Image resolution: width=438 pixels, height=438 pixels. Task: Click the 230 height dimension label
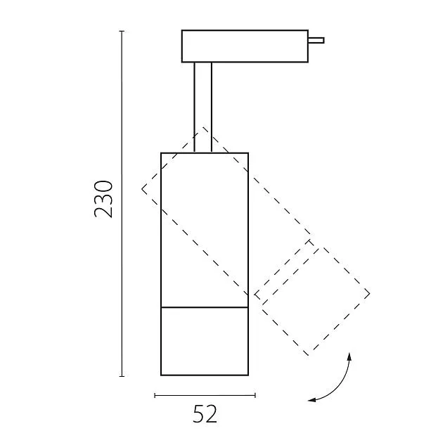coord(103,199)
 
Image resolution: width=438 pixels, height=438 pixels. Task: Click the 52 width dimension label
coord(205,414)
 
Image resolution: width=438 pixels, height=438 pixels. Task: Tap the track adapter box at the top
coord(245,46)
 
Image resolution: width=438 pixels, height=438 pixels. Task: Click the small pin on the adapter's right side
coord(316,40)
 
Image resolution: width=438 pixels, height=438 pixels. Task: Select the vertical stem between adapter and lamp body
coord(203,108)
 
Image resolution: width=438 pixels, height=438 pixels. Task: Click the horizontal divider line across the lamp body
coord(205,307)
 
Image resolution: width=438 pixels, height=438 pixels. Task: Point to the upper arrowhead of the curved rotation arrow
coord(349,356)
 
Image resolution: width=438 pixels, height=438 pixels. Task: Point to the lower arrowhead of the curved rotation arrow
coord(311,400)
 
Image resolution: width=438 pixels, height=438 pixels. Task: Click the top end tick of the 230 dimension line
coord(122,31)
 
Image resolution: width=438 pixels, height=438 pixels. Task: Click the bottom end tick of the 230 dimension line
coord(122,376)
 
